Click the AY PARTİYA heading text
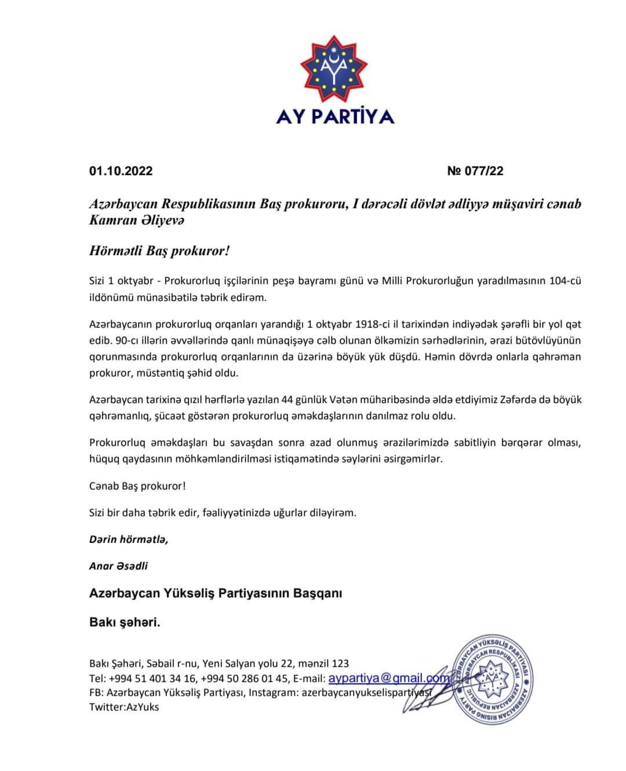pyautogui.click(x=335, y=117)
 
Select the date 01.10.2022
pyautogui.click(x=121, y=171)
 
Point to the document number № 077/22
pyautogui.click(x=475, y=171)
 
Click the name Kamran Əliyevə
pyautogui.click(x=137, y=220)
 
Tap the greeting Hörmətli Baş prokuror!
pyautogui.click(x=159, y=251)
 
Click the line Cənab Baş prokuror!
pyautogui.click(x=137, y=486)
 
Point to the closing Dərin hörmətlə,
pyautogui.click(x=128, y=539)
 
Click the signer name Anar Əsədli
pyautogui.click(x=118, y=566)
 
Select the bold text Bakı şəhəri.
pyautogui.click(x=125, y=622)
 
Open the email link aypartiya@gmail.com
pyautogui.click(x=389, y=678)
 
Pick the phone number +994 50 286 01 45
pyautogui.click(x=244, y=678)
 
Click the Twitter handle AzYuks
pyautogui.click(x=143, y=707)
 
